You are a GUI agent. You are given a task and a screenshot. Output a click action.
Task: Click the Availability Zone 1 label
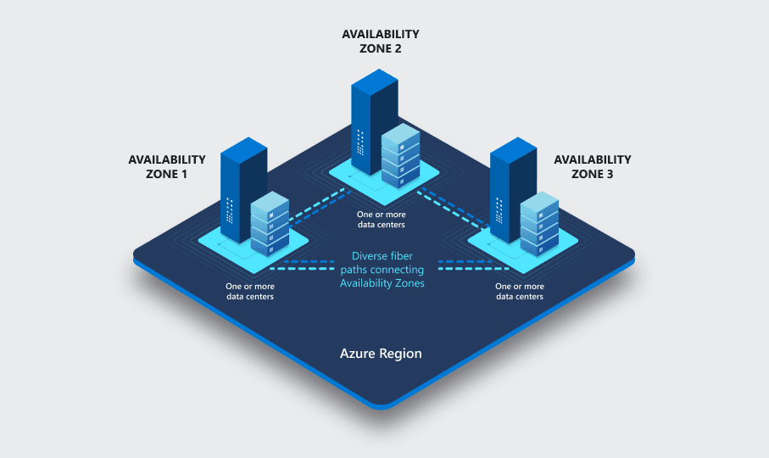click(x=166, y=166)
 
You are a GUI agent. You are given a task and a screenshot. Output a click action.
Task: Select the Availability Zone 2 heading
click(x=380, y=42)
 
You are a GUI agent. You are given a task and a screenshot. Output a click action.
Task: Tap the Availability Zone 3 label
click(x=592, y=166)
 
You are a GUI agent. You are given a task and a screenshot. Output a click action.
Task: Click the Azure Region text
click(x=380, y=353)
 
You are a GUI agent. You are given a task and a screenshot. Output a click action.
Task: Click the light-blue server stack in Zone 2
click(x=400, y=154)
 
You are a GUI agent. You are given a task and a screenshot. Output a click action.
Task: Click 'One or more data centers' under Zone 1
click(x=249, y=292)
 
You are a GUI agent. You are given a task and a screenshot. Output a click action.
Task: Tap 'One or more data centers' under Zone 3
click(x=519, y=292)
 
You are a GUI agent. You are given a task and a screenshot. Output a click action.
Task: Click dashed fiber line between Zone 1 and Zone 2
click(x=320, y=206)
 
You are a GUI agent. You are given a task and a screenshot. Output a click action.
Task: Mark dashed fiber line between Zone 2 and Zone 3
click(x=449, y=206)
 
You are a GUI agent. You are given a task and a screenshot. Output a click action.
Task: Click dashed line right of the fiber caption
click(x=459, y=265)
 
